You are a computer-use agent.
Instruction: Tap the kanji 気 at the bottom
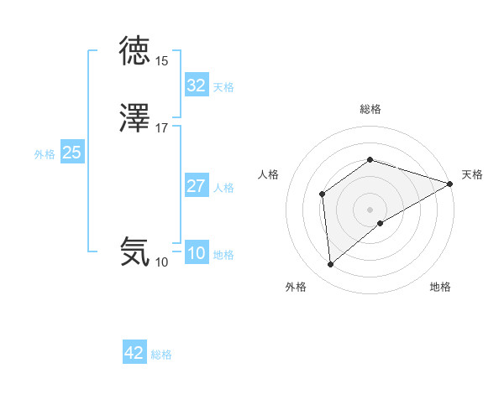click(x=134, y=251)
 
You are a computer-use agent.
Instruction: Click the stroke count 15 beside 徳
click(x=161, y=61)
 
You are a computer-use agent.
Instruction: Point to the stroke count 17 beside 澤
click(x=161, y=128)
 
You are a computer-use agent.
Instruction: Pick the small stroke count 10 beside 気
click(x=161, y=262)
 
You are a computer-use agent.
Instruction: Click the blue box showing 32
click(x=196, y=86)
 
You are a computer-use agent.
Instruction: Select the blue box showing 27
click(x=196, y=186)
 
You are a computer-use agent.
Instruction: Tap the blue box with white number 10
click(x=196, y=254)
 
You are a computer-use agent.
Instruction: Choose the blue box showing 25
click(x=72, y=153)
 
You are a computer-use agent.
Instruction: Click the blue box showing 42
click(x=134, y=354)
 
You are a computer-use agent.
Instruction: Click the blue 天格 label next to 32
click(x=223, y=87)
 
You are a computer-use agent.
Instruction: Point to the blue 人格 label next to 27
click(x=223, y=188)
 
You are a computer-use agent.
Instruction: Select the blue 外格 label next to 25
click(x=45, y=154)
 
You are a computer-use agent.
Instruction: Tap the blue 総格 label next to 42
click(x=161, y=355)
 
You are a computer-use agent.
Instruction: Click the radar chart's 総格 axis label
click(x=370, y=109)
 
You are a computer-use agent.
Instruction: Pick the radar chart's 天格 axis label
click(x=472, y=174)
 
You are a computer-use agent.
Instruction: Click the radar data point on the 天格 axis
click(x=450, y=184)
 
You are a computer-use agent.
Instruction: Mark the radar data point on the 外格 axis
click(x=331, y=265)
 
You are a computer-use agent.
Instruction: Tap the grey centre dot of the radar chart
click(x=370, y=210)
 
